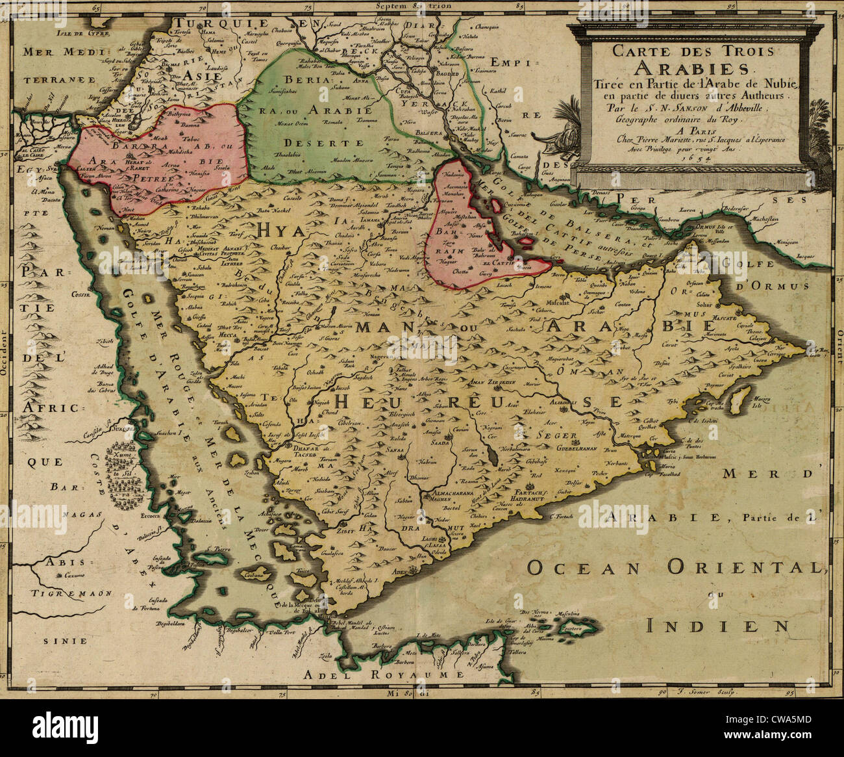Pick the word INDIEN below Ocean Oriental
[719, 625]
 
